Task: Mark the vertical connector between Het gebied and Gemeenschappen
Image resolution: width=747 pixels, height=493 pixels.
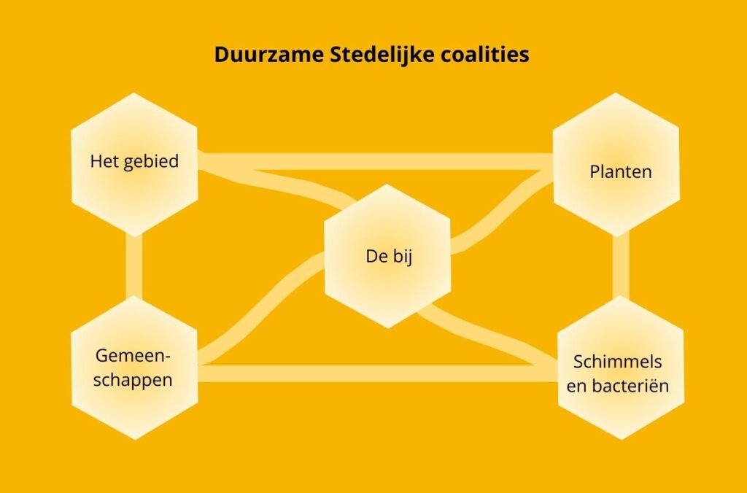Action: (x=134, y=266)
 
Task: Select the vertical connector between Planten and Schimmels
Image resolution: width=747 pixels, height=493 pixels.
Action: (x=621, y=266)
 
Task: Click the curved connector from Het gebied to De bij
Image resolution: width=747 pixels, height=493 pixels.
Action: (x=277, y=181)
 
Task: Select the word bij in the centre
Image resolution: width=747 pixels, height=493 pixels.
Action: (x=401, y=257)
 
